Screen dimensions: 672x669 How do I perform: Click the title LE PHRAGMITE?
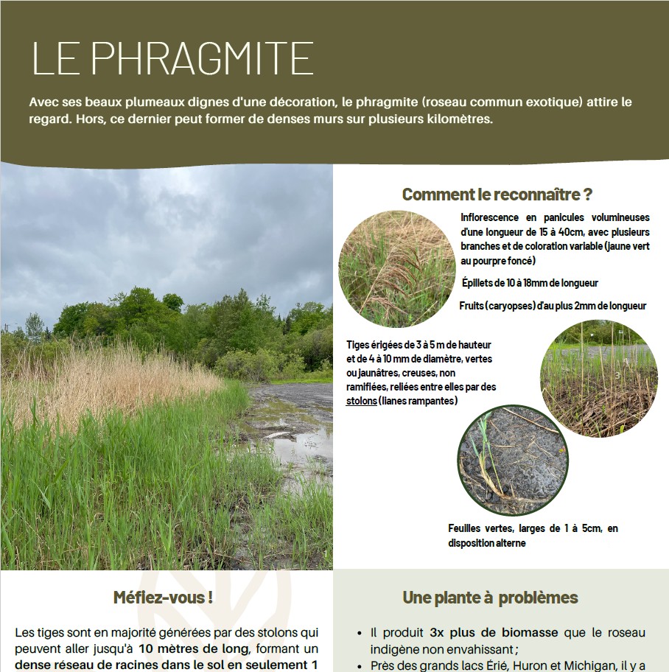(173, 59)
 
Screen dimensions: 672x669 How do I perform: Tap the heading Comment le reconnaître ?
(497, 195)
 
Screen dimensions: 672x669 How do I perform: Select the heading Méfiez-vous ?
(163, 597)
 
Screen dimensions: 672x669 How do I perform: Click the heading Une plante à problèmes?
(490, 598)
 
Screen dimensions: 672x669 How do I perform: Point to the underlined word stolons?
(361, 401)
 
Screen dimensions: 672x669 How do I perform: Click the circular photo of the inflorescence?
(397, 268)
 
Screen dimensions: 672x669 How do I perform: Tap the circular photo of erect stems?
(598, 378)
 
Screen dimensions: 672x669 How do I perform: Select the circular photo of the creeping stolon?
(513, 460)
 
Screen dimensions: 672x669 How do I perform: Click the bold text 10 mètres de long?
(195, 649)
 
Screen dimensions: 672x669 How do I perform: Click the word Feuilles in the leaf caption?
(468, 528)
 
